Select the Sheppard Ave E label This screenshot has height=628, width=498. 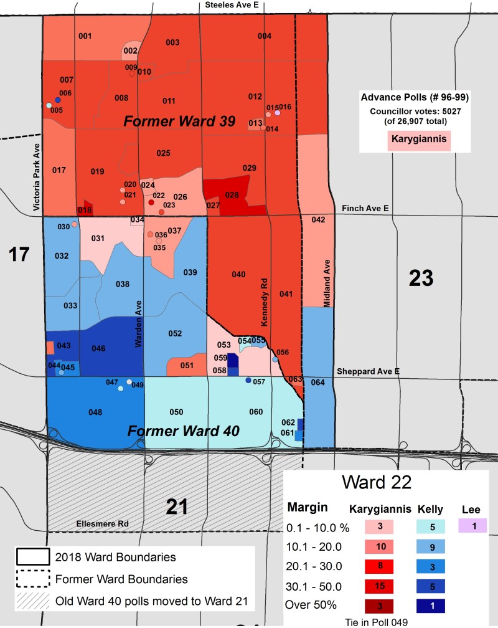coord(368,371)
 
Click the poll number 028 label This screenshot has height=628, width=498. coord(232,195)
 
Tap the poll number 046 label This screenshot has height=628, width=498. coord(98,348)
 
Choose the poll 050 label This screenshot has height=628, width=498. coord(176,412)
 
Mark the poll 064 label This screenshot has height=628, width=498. coord(318,382)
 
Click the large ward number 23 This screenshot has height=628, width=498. coord(421,278)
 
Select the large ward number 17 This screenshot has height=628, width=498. coord(19,254)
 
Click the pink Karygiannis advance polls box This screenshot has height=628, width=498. coord(420,140)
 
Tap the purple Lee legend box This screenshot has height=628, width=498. coord(474,526)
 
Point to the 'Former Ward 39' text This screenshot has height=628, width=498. coord(179,121)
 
